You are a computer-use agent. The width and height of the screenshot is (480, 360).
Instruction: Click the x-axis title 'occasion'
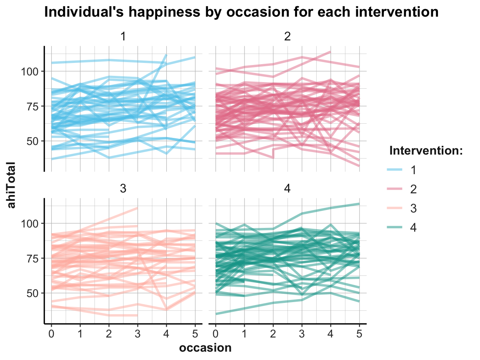pos(205,347)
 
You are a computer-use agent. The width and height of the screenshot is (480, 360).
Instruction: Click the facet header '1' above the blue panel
pos(123,37)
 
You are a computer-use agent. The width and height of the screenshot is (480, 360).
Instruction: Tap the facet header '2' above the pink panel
pos(287,37)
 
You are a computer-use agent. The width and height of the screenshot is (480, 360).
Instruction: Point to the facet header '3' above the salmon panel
pos(123,189)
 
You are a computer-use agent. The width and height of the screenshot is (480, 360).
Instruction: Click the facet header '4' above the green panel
pos(287,189)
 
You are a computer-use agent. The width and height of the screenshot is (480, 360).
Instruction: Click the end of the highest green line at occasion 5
pos(359,204)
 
